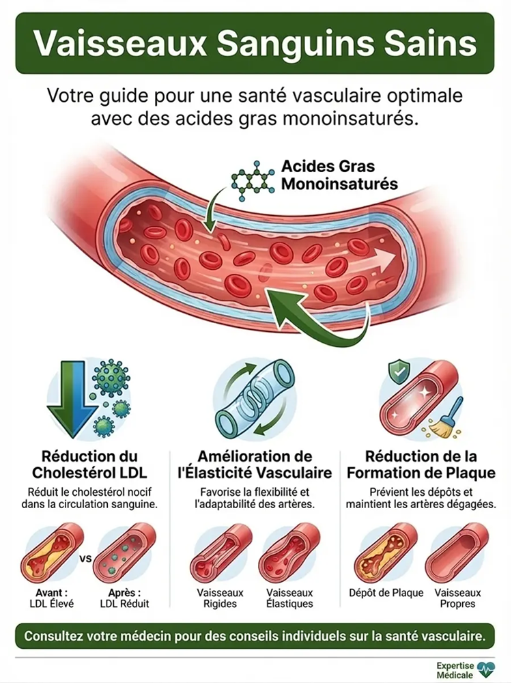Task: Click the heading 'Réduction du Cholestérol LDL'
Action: [x=89, y=464]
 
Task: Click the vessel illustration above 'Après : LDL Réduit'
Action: [x=125, y=552]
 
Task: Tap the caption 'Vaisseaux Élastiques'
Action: [x=290, y=598]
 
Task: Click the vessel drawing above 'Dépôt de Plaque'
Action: [x=386, y=552]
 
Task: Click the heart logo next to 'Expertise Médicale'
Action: [x=486, y=668]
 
